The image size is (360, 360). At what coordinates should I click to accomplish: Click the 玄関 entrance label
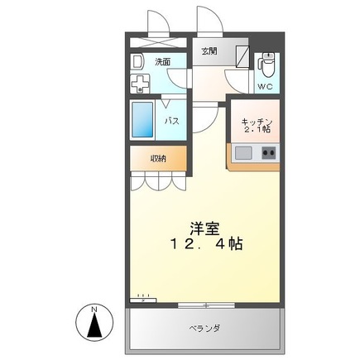(209, 50)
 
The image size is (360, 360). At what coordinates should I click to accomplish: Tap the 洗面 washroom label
(162, 60)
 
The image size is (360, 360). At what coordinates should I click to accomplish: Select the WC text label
(264, 86)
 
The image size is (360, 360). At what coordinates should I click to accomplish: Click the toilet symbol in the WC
(266, 61)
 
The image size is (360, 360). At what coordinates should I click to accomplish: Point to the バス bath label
(172, 121)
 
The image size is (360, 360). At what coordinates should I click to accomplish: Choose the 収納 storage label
(158, 157)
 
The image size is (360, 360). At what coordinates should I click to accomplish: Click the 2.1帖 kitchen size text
(257, 131)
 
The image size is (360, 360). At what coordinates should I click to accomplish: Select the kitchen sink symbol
(244, 153)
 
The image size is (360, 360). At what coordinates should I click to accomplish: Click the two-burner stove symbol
(269, 153)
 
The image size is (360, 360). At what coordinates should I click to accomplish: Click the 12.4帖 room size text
(207, 246)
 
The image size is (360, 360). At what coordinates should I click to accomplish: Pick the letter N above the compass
(95, 310)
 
